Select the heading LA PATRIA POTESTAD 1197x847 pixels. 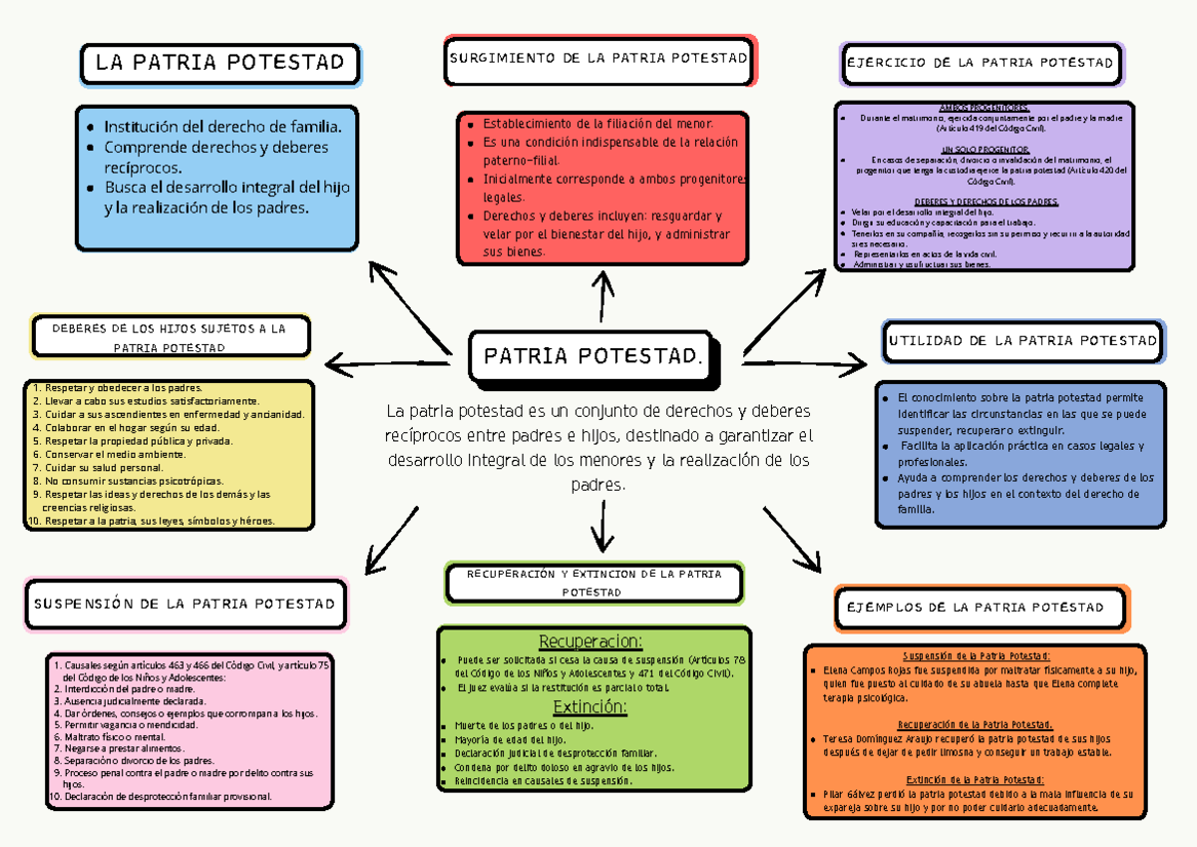tap(220, 64)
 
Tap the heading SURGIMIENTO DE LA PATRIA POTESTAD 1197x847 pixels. tap(598, 58)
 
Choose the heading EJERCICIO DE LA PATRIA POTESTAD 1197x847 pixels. tap(983, 63)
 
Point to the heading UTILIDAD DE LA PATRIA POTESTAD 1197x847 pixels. tap(1022, 341)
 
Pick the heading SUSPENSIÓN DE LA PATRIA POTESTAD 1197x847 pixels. tap(186, 604)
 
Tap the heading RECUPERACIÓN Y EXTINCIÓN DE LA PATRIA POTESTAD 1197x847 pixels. tap(593, 583)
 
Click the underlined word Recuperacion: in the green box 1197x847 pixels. tap(592, 639)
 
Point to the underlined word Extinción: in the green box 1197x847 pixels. tap(593, 707)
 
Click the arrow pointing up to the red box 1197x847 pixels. tap(602, 295)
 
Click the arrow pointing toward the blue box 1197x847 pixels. tap(409, 304)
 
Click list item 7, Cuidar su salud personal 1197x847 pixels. tap(101, 467)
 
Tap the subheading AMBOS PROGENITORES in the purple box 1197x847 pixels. tap(983, 108)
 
